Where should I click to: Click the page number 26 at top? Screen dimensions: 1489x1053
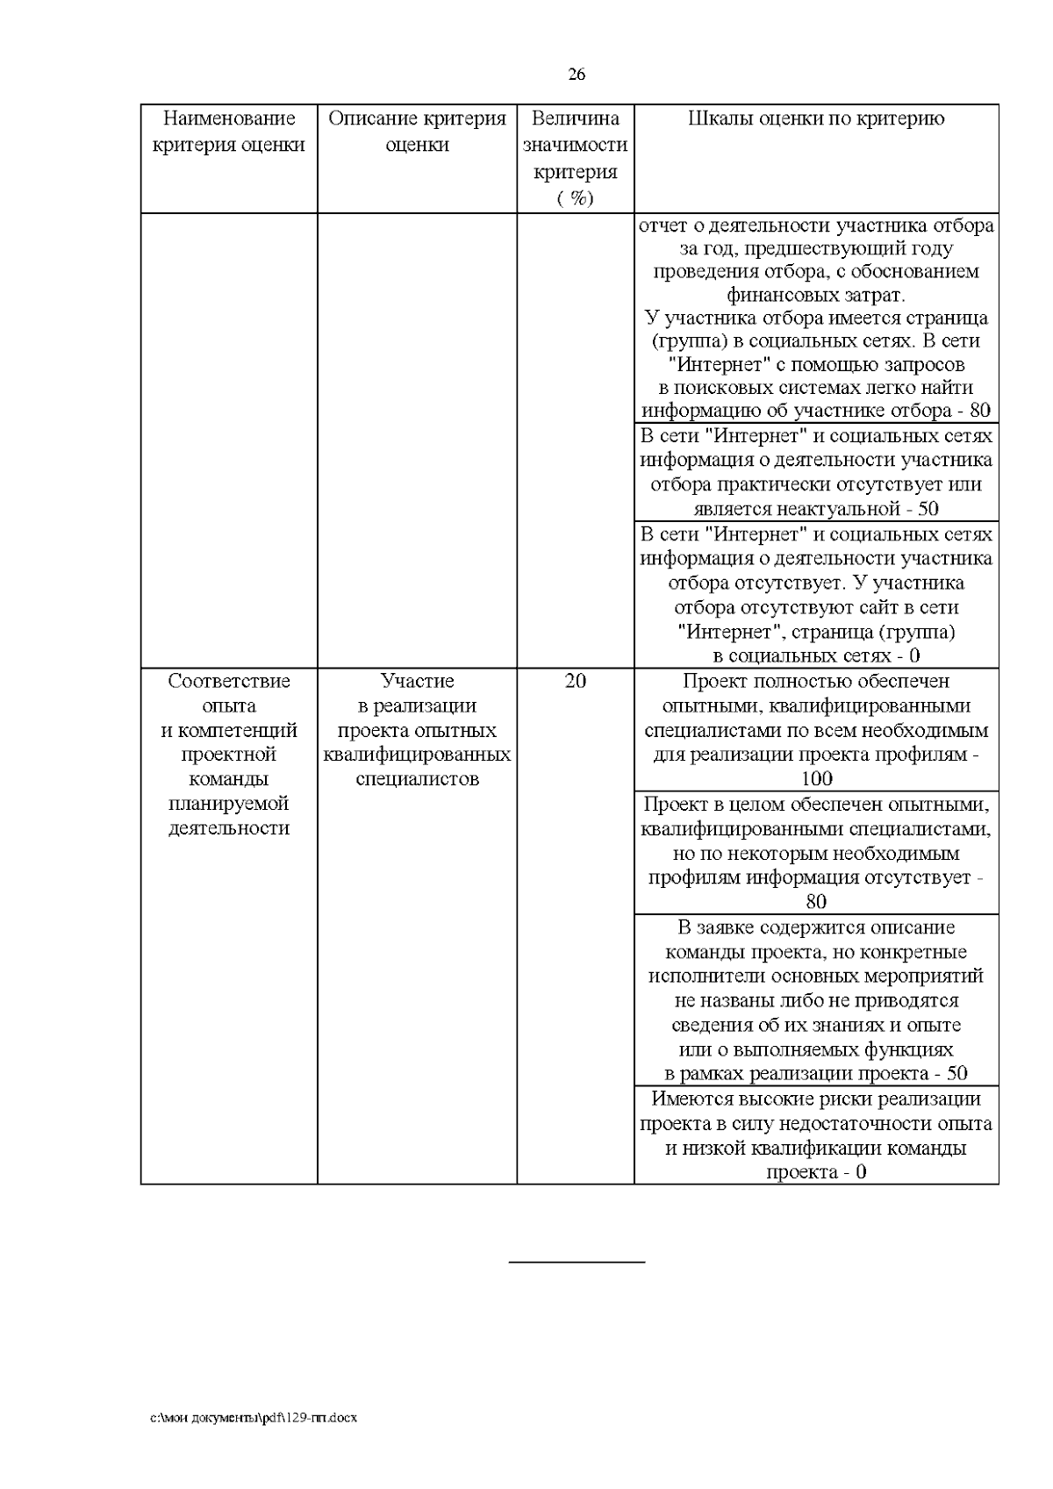click(577, 75)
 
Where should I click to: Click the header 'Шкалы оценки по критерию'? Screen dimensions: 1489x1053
click(816, 119)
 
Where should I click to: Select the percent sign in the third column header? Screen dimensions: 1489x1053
click(577, 198)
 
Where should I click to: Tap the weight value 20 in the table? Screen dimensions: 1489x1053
click(576, 681)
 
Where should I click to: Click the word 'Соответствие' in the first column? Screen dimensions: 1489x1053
click(229, 681)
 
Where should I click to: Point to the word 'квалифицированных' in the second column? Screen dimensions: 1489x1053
click(417, 755)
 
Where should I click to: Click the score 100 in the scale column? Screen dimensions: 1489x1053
click(816, 778)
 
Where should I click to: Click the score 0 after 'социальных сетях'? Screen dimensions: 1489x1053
click(914, 655)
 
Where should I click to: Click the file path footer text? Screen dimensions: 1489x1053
click(254, 1417)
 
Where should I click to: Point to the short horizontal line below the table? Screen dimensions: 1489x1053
click(577, 1263)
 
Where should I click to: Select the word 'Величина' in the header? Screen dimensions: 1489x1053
click(576, 119)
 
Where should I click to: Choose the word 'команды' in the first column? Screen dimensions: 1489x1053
click(229, 779)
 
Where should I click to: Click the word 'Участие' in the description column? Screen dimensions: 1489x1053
click(417, 681)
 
